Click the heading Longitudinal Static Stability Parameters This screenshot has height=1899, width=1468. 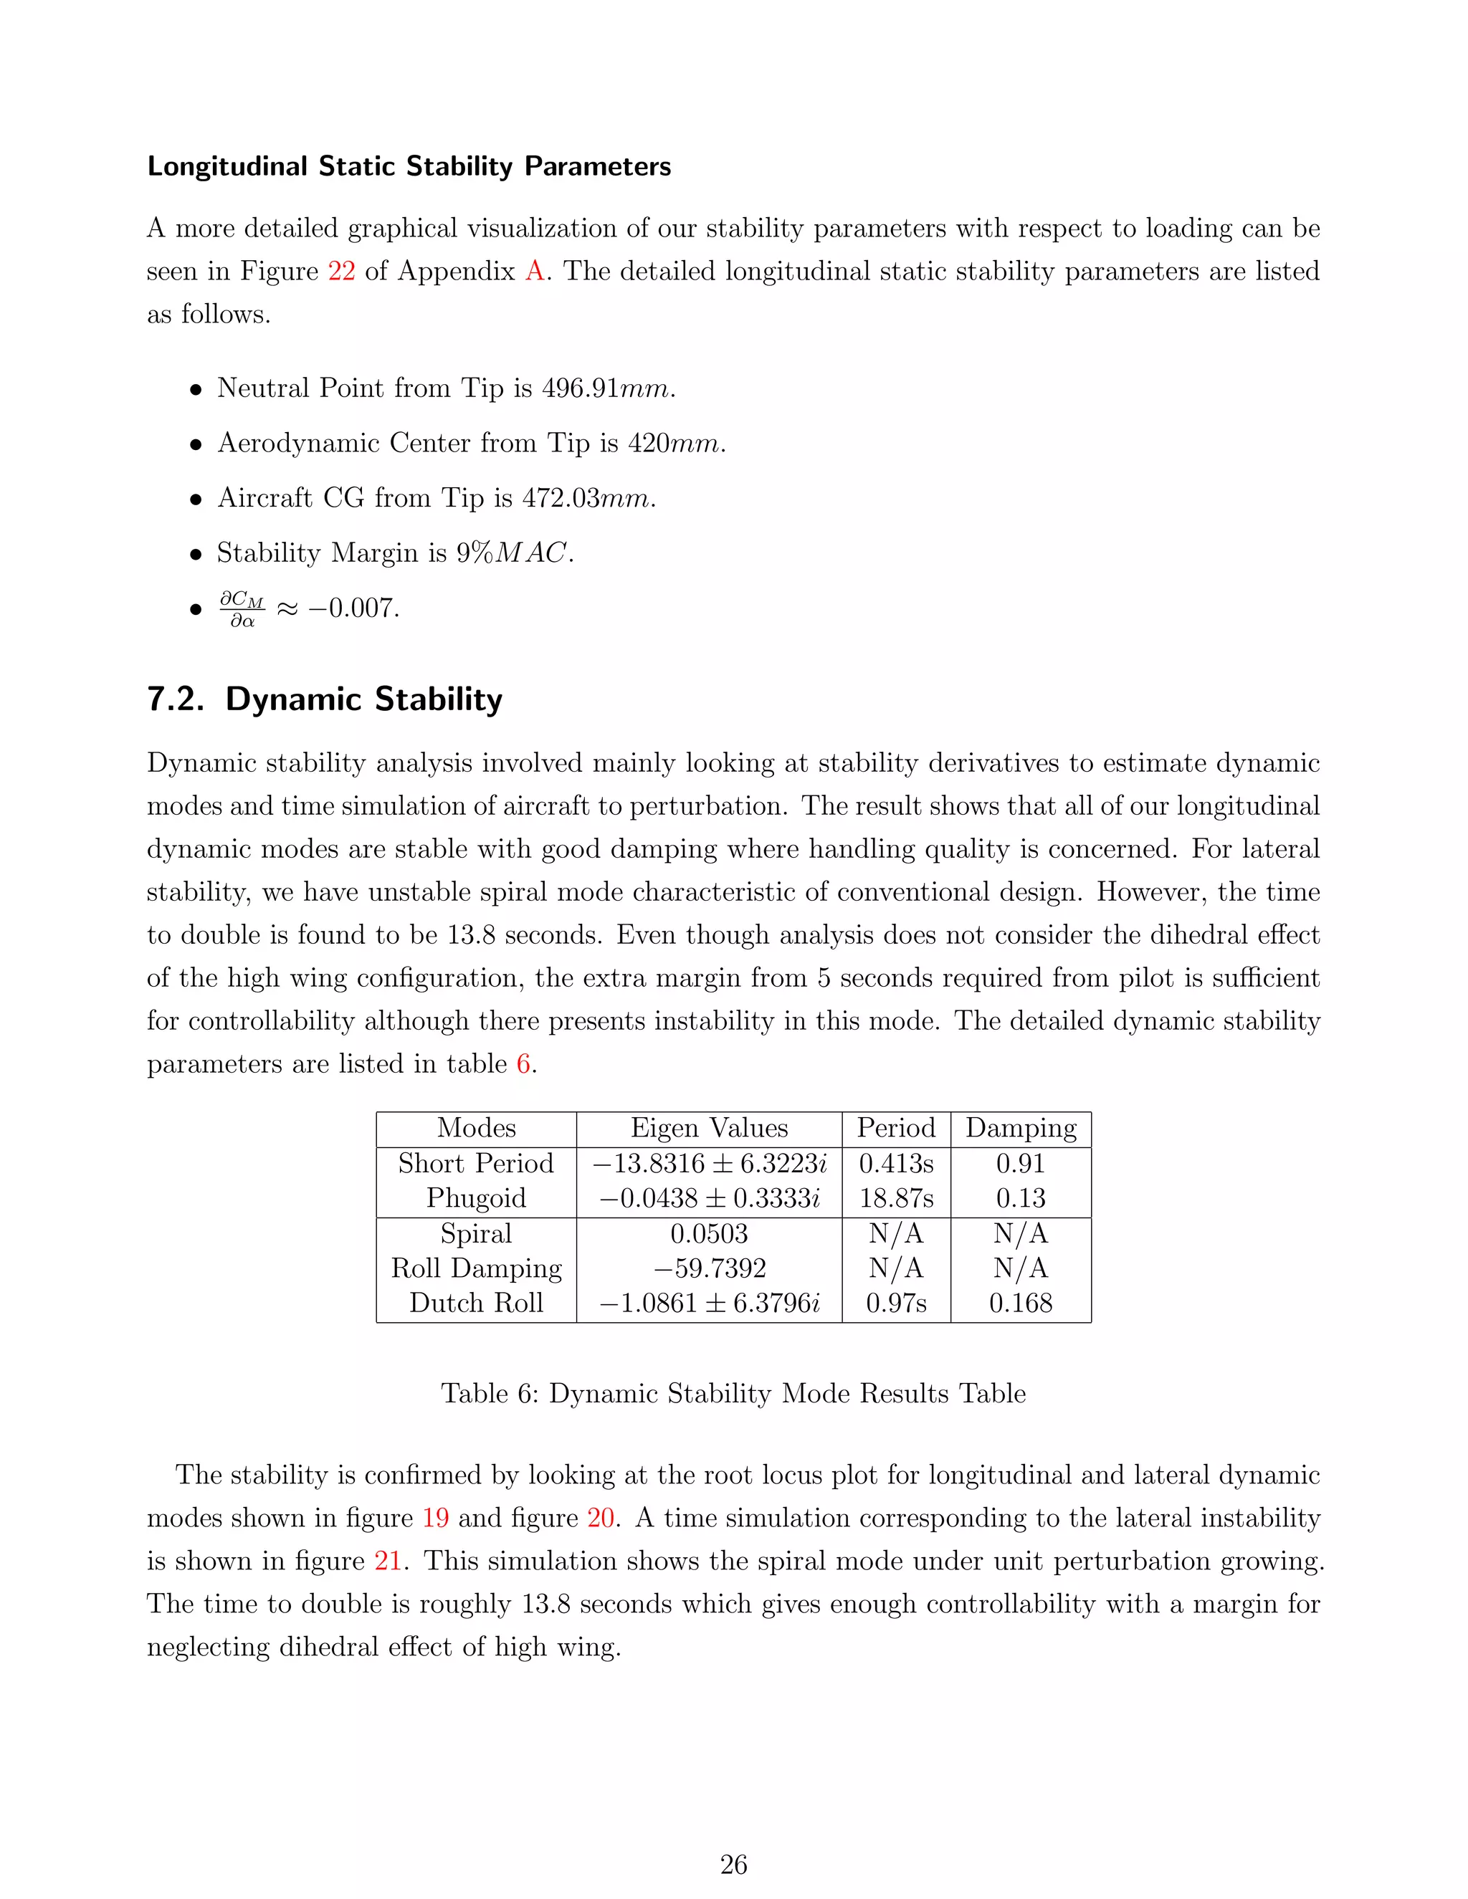pos(409,166)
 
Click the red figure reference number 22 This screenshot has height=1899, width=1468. pos(341,272)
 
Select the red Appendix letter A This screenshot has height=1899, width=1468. pos(534,272)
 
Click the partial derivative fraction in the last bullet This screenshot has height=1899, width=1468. pos(241,608)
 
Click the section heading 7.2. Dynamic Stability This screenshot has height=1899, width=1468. pos(325,699)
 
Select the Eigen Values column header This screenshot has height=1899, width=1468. pos(709,1128)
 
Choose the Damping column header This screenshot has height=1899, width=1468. pos(1020,1128)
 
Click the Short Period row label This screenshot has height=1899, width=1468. pos(476,1163)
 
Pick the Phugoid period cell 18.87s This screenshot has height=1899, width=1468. pos(896,1198)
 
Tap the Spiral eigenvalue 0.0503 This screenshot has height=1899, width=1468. pos(709,1234)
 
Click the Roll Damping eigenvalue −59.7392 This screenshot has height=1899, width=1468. pos(709,1268)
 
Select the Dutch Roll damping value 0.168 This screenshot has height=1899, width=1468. pos(1020,1304)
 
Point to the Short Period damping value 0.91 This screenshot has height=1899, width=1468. pos(1020,1163)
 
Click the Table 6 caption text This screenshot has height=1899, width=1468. pos(733,1394)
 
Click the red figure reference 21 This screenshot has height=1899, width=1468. pos(387,1561)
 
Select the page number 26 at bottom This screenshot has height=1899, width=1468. pos(733,1864)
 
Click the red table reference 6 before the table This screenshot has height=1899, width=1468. pos(523,1064)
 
